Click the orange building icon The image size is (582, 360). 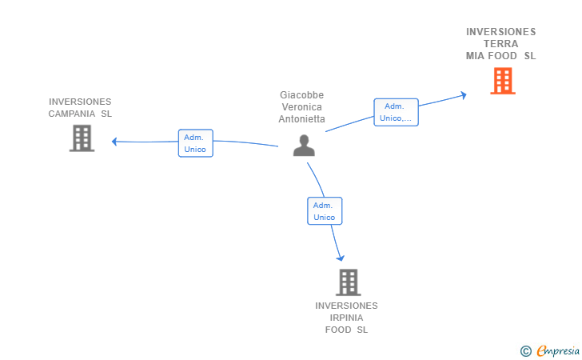(x=502, y=81)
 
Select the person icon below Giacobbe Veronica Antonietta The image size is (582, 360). (x=304, y=146)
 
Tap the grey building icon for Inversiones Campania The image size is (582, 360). (x=82, y=138)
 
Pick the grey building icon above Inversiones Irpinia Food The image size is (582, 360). (x=347, y=282)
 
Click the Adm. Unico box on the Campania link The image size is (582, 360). (x=195, y=143)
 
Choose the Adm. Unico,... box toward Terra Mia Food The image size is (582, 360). (x=396, y=112)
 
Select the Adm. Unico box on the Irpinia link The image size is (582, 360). (x=325, y=211)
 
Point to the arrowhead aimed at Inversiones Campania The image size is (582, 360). (x=115, y=142)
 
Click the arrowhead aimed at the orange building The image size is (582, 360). (x=463, y=95)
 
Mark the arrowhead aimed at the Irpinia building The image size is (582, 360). (x=341, y=258)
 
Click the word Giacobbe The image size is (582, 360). (x=301, y=95)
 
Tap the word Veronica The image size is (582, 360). (x=301, y=107)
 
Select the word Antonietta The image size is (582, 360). (x=301, y=119)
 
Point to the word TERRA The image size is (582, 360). (x=501, y=44)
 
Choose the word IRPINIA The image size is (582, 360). (x=346, y=318)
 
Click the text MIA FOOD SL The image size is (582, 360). (x=501, y=56)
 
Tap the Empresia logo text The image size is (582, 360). (x=559, y=350)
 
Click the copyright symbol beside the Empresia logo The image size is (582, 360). (x=526, y=350)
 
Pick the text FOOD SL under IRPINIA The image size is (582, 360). (x=346, y=330)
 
